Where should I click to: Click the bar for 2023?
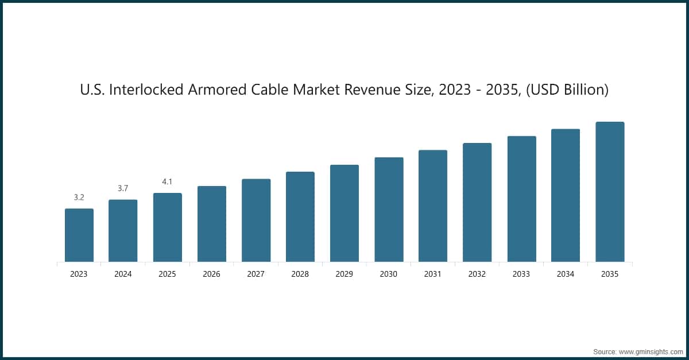coord(79,235)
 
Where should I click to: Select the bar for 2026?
coord(211,224)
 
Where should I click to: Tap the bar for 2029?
coord(344,214)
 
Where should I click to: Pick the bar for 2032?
coord(477,203)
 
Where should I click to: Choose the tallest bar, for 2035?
coord(610,192)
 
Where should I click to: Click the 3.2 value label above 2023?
coord(79,198)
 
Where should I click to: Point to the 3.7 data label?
coord(123,188)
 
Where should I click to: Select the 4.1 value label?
coord(167,181)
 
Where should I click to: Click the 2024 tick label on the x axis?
coord(123,274)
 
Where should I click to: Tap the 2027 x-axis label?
coord(256,274)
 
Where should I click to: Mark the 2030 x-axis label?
coord(388,274)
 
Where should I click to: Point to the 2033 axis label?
coord(521,274)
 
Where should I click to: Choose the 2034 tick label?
coord(566,274)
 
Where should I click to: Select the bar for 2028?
coord(300,217)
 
